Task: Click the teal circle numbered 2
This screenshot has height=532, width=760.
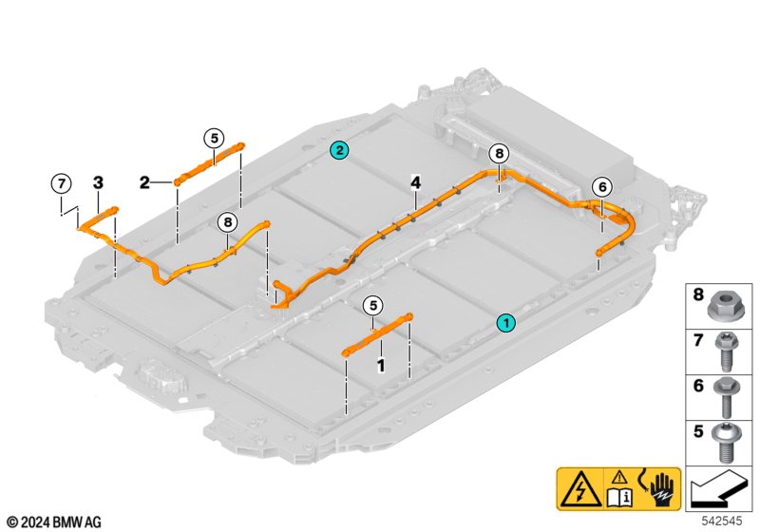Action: [x=339, y=150]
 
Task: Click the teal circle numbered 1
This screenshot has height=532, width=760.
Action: [x=506, y=323]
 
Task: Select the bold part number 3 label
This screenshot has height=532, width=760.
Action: [x=98, y=182]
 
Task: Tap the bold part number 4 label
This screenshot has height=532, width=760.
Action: [x=415, y=182]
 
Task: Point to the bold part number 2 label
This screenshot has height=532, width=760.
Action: [x=144, y=182]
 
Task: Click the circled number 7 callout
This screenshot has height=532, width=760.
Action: [x=61, y=184]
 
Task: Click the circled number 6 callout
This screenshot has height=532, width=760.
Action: [x=602, y=187]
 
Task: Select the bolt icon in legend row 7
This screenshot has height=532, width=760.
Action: [x=726, y=351]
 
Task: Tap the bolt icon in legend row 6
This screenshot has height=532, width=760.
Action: [x=726, y=397]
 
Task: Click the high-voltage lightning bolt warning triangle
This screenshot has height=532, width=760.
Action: [x=580, y=490]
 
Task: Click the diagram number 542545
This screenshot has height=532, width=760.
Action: [x=722, y=521]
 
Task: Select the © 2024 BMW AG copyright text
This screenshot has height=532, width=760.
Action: [x=54, y=522]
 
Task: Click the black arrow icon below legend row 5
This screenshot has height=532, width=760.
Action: [x=718, y=490]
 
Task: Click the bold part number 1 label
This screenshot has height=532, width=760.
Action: [x=381, y=366]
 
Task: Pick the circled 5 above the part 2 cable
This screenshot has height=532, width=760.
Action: [x=214, y=138]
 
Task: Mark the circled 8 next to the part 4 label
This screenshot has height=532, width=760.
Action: [x=500, y=154]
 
